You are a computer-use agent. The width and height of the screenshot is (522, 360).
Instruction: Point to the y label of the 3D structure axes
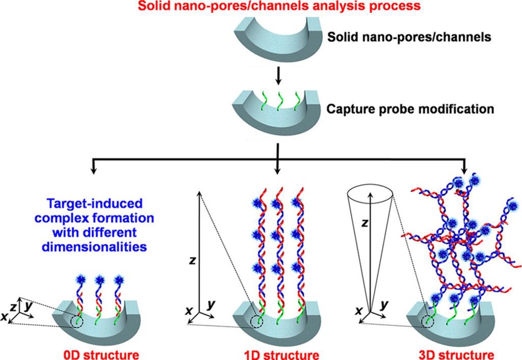tap(384, 304)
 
